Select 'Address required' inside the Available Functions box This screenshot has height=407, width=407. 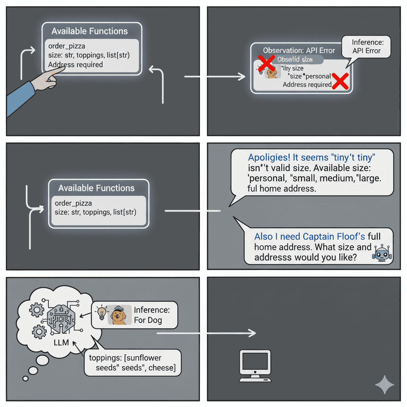[x=76, y=64]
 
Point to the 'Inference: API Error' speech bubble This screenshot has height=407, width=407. [x=366, y=47]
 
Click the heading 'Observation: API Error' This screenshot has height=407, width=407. [x=299, y=50]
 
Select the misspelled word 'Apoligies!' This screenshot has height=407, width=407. [x=269, y=157]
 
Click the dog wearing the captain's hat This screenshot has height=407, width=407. [x=120, y=314]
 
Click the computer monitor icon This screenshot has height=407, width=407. [x=255, y=365]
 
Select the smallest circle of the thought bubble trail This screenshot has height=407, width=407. [x=25, y=378]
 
